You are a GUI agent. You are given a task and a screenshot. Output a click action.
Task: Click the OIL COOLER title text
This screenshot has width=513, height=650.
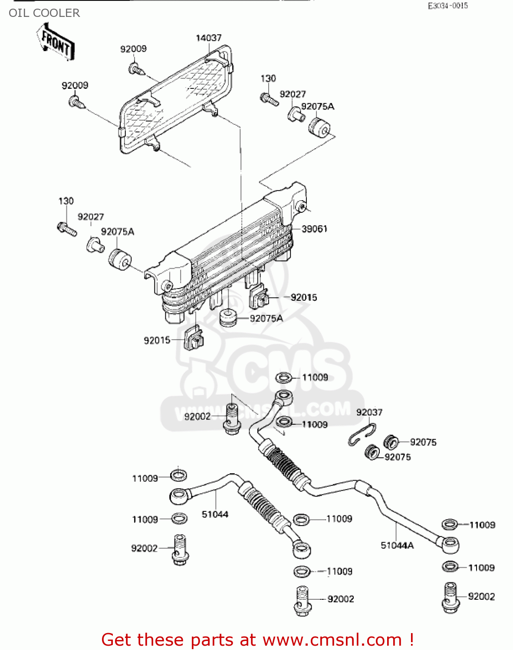[44, 13]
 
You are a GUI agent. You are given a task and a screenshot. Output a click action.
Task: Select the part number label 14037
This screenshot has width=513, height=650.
[208, 38]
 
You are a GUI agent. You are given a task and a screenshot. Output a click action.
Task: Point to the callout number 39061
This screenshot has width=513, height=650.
[314, 229]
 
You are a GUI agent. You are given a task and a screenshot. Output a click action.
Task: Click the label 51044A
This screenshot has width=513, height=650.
[397, 546]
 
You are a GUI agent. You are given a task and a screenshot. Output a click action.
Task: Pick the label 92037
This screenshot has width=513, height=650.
[369, 412]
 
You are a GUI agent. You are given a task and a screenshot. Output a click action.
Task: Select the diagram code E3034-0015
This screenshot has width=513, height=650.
[448, 6]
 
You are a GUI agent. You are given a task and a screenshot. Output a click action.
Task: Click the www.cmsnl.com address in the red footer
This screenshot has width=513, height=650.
[332, 640]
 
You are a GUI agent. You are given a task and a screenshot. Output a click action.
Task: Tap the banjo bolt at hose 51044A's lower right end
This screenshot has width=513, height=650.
[451, 598]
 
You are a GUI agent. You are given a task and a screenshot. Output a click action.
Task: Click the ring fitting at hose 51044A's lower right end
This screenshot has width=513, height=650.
[450, 544]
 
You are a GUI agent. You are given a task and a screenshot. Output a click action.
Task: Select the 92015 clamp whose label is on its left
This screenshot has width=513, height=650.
[194, 338]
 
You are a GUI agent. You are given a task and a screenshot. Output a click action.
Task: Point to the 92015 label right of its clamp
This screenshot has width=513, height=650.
[304, 297]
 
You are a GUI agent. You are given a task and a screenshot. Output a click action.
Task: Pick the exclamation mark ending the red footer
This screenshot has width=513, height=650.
[411, 640]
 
